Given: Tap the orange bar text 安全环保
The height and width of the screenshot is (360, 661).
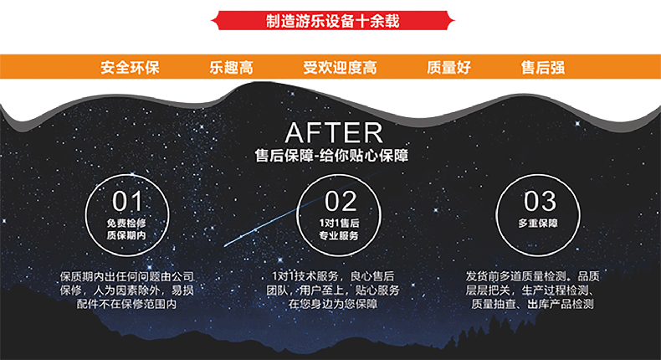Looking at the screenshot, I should [130, 68].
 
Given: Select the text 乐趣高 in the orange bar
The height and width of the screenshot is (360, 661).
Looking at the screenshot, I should [230, 68].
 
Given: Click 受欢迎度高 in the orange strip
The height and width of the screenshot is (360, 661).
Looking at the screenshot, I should [340, 68].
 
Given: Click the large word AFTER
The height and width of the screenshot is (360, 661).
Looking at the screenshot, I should [333, 132].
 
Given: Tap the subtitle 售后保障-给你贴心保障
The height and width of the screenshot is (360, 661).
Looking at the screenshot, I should [332, 156].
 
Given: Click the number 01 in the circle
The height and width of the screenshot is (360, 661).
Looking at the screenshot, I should [127, 201].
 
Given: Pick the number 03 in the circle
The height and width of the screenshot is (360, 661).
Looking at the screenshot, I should [539, 201].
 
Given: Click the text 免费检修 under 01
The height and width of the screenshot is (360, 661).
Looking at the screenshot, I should [127, 224].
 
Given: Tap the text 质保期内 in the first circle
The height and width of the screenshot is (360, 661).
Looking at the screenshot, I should [127, 237].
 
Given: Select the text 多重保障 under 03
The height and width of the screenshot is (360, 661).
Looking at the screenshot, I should [538, 224].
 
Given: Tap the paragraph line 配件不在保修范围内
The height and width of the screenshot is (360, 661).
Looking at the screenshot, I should [127, 305].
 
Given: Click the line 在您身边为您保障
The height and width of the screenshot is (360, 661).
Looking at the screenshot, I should [333, 305].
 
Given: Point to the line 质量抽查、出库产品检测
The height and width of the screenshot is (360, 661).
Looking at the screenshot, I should [532, 305].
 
